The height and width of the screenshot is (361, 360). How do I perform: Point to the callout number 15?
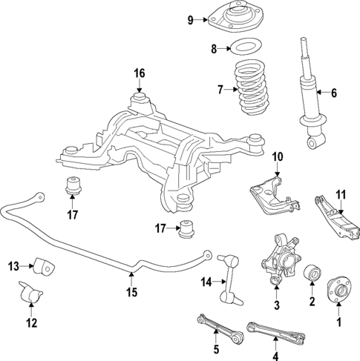(x=131, y=292)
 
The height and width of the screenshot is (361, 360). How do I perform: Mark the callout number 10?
(x=277, y=156)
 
